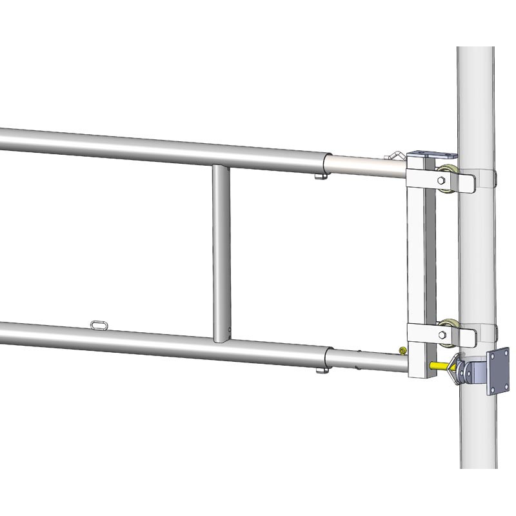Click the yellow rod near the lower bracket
tap(439, 365)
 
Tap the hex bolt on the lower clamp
tap(441, 335)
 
